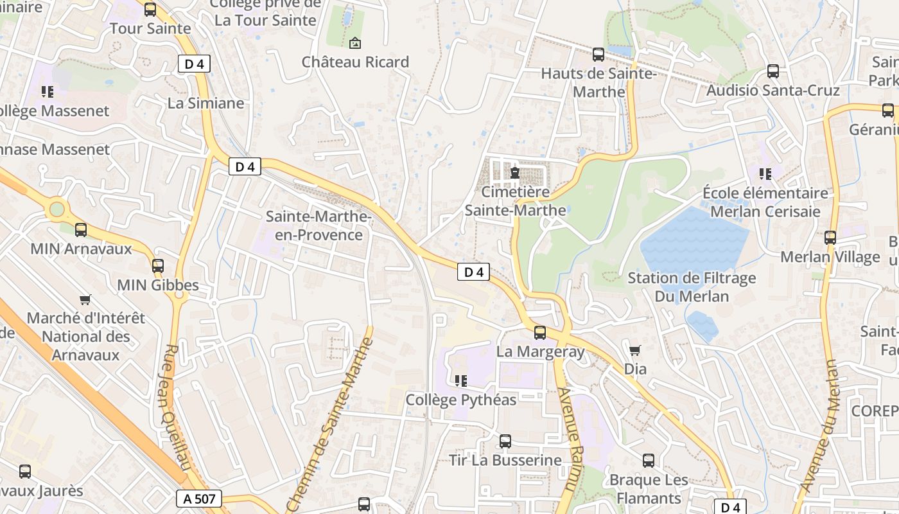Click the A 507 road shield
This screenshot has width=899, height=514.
pyautogui.click(x=198, y=499)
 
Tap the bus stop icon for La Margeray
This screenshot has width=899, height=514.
pyautogui.click(x=540, y=332)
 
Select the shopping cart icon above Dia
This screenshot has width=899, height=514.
pyautogui.click(x=635, y=350)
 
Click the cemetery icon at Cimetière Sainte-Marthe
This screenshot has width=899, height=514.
pyautogui.click(x=515, y=172)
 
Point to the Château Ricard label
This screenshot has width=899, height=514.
pyautogui.click(x=355, y=62)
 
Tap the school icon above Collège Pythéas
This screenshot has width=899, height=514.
pyautogui.click(x=460, y=381)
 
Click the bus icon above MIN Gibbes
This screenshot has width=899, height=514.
pyautogui.click(x=158, y=265)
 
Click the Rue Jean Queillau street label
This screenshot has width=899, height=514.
pyautogui.click(x=173, y=408)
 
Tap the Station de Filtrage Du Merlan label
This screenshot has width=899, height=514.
pyautogui.click(x=692, y=287)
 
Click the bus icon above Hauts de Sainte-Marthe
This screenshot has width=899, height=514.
pyautogui.click(x=598, y=55)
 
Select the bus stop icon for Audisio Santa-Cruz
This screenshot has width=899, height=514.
pyautogui.click(x=773, y=71)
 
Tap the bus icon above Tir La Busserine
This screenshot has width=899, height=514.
pyautogui.click(x=505, y=441)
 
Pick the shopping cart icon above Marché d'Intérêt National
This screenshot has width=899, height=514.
pyautogui.click(x=85, y=299)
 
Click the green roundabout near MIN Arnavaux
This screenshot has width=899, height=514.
pyautogui.click(x=58, y=209)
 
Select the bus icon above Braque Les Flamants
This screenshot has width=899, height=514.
pyautogui.click(x=649, y=461)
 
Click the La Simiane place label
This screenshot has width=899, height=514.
pyautogui.click(x=205, y=103)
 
